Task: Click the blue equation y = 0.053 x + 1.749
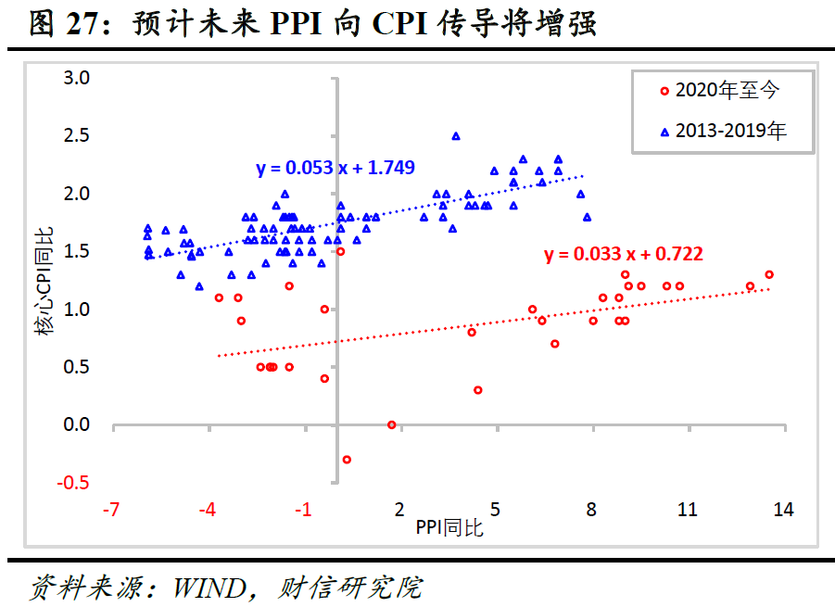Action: coord(335,168)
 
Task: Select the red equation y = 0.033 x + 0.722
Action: coord(623,254)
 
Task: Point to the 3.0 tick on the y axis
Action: coord(76,78)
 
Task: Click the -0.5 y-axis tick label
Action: coord(73,483)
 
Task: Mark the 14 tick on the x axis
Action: coord(783,510)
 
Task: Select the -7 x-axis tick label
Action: coord(112,510)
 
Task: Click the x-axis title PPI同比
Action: coord(449,528)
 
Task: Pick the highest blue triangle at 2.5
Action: coord(456,136)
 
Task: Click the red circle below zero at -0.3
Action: coord(347,459)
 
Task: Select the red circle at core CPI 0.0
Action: coord(391,424)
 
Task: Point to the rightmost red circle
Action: coord(769,274)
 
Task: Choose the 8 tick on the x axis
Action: coord(591,510)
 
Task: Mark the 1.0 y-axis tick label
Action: coord(76,310)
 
